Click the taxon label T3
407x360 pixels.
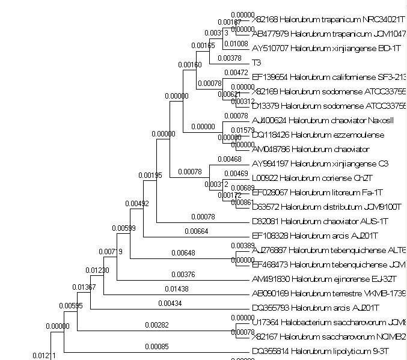pos(257,63)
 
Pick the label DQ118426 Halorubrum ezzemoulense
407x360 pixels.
pos(317,135)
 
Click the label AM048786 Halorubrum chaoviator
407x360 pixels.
pos(310,149)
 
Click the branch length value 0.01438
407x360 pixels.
pos(176,289)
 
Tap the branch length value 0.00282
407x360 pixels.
pos(156,325)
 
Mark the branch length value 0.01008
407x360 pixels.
pos(235,44)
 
